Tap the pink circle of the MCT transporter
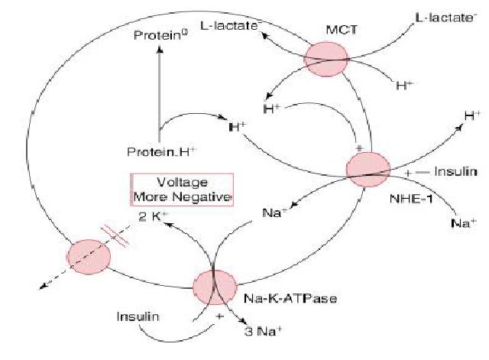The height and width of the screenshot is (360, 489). (326, 59)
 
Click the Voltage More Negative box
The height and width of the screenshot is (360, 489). (182, 190)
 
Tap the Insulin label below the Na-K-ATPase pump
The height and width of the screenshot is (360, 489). (138, 315)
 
